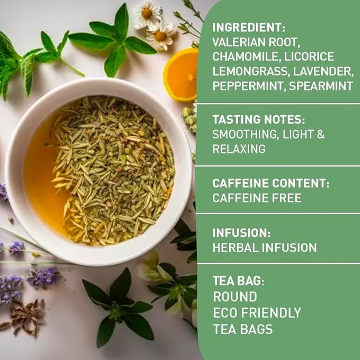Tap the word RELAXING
coord(239,150)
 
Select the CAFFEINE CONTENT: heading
coord(271,183)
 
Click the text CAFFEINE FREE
coord(257,198)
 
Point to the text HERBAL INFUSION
coord(265,247)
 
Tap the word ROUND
coord(235,296)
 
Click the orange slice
coord(181,74)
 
